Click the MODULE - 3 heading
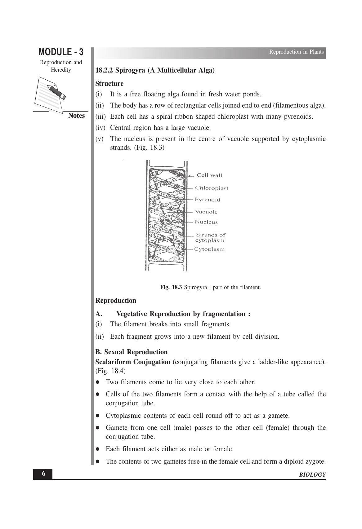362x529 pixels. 61,52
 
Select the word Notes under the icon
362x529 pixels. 76,116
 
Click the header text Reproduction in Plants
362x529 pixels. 296,52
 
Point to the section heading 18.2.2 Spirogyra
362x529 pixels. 155,70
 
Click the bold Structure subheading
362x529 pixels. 109,84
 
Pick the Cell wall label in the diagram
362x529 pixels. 209,175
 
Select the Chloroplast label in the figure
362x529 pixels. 212,188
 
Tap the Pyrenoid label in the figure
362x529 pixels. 208,200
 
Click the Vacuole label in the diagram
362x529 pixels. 206,212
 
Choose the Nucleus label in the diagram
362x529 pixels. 206,222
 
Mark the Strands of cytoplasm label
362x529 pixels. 210,237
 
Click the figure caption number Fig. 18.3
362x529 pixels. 171,287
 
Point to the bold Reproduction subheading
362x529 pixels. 116,301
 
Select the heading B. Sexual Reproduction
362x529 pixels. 132,352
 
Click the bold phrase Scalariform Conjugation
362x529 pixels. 133,362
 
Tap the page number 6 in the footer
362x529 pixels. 43,474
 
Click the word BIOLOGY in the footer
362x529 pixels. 312,475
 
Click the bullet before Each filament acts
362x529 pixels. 98,449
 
